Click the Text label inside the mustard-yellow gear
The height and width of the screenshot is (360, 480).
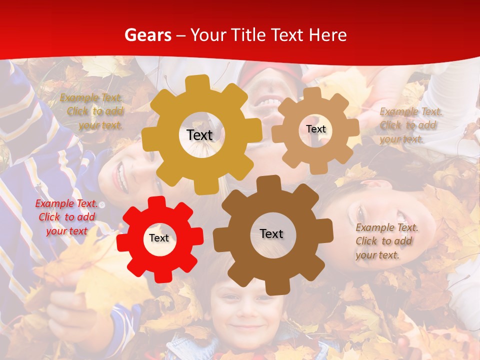pyautogui.click(x=199, y=135)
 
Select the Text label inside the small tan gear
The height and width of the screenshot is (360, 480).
pyautogui.click(x=315, y=129)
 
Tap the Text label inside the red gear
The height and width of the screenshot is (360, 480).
pyautogui.click(x=159, y=238)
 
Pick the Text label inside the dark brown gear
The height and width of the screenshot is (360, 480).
pyautogui.click(x=271, y=233)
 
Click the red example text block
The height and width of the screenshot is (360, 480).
pyautogui.click(x=65, y=217)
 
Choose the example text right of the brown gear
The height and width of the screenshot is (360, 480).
pyautogui.click(x=385, y=241)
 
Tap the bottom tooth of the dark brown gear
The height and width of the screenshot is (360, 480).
pyautogui.click(x=273, y=287)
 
